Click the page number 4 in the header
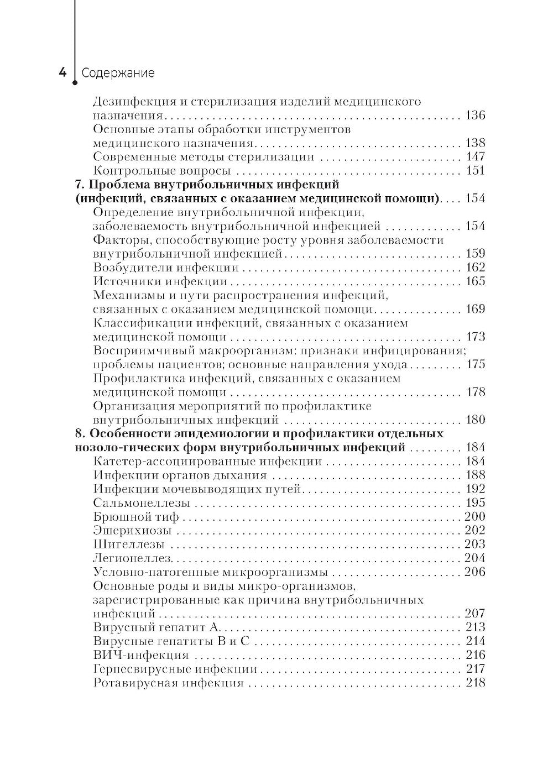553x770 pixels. [63, 72]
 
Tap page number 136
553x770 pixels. [475, 116]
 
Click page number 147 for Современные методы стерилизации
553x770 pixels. [475, 157]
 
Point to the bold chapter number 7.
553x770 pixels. [79, 185]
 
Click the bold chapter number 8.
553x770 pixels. [79, 433]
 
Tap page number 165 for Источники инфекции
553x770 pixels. [475, 281]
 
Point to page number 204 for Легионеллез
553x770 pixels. [475, 558]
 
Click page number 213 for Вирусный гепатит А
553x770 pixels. [475, 627]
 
